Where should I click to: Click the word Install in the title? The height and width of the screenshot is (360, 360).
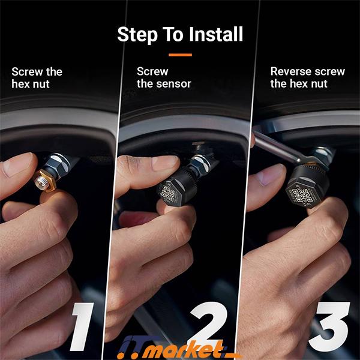209,34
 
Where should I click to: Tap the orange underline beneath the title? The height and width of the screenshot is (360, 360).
180,55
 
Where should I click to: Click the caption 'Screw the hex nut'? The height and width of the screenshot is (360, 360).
37,77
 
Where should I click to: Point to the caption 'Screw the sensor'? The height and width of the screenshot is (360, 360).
163,77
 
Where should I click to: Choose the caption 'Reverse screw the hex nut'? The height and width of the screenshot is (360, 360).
307,77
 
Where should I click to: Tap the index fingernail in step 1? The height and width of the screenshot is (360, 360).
18,164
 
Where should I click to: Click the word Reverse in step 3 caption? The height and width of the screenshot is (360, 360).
290,71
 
